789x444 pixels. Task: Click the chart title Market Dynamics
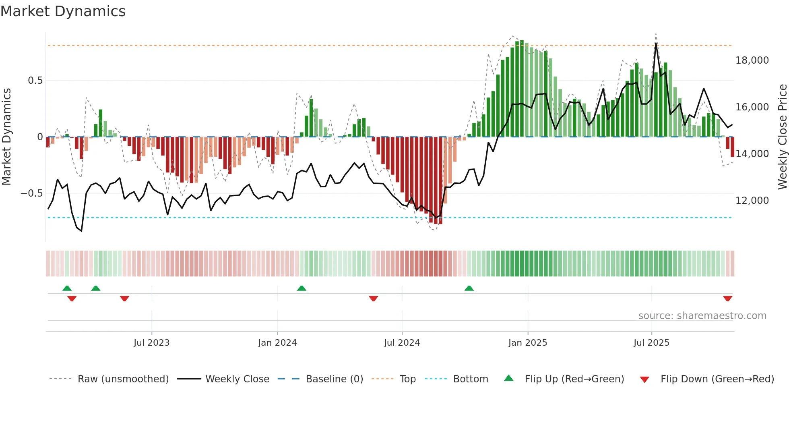(x=63, y=11)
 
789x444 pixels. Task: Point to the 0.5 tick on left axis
(x=35, y=81)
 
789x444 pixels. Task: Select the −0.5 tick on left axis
(x=32, y=193)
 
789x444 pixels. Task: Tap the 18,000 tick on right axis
(x=752, y=60)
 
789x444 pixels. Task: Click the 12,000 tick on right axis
(x=752, y=201)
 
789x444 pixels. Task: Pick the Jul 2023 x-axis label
(x=151, y=343)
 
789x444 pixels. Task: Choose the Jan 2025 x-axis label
(x=527, y=343)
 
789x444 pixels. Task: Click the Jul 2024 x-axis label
(x=402, y=343)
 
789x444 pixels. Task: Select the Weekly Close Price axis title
(x=782, y=137)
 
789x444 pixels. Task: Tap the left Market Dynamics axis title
(x=6, y=137)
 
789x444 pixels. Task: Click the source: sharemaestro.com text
(x=702, y=316)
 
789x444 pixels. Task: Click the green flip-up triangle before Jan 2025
(x=469, y=288)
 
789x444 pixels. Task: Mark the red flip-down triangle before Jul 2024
(x=373, y=299)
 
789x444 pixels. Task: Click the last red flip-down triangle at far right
(x=727, y=299)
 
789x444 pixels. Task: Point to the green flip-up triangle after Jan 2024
(x=302, y=288)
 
